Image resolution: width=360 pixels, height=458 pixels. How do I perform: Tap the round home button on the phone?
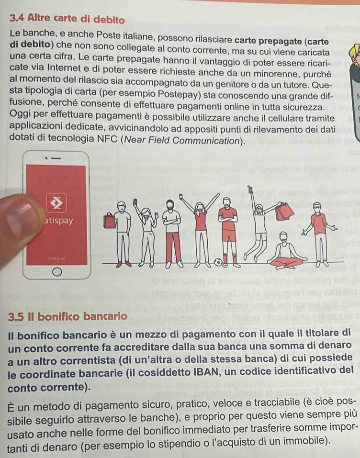(57, 272)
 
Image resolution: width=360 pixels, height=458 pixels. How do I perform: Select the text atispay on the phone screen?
(59, 221)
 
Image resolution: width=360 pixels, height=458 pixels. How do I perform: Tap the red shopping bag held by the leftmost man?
(109, 222)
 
